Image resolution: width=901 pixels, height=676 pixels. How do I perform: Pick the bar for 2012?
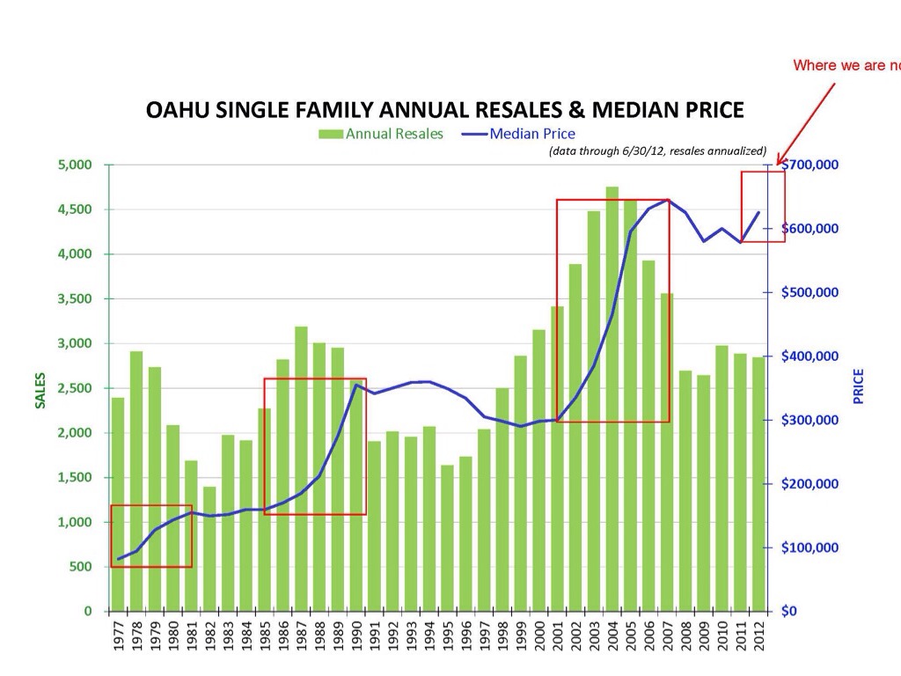pos(758,484)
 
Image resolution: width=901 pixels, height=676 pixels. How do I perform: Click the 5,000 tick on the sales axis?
pos(85,165)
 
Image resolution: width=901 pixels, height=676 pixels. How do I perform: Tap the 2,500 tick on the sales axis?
pos(85,388)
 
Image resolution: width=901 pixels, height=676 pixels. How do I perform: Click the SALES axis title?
pos(40,388)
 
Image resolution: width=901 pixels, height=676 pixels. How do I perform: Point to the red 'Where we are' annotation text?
pos(845,65)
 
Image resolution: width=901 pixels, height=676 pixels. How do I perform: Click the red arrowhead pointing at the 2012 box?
pos(779,160)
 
